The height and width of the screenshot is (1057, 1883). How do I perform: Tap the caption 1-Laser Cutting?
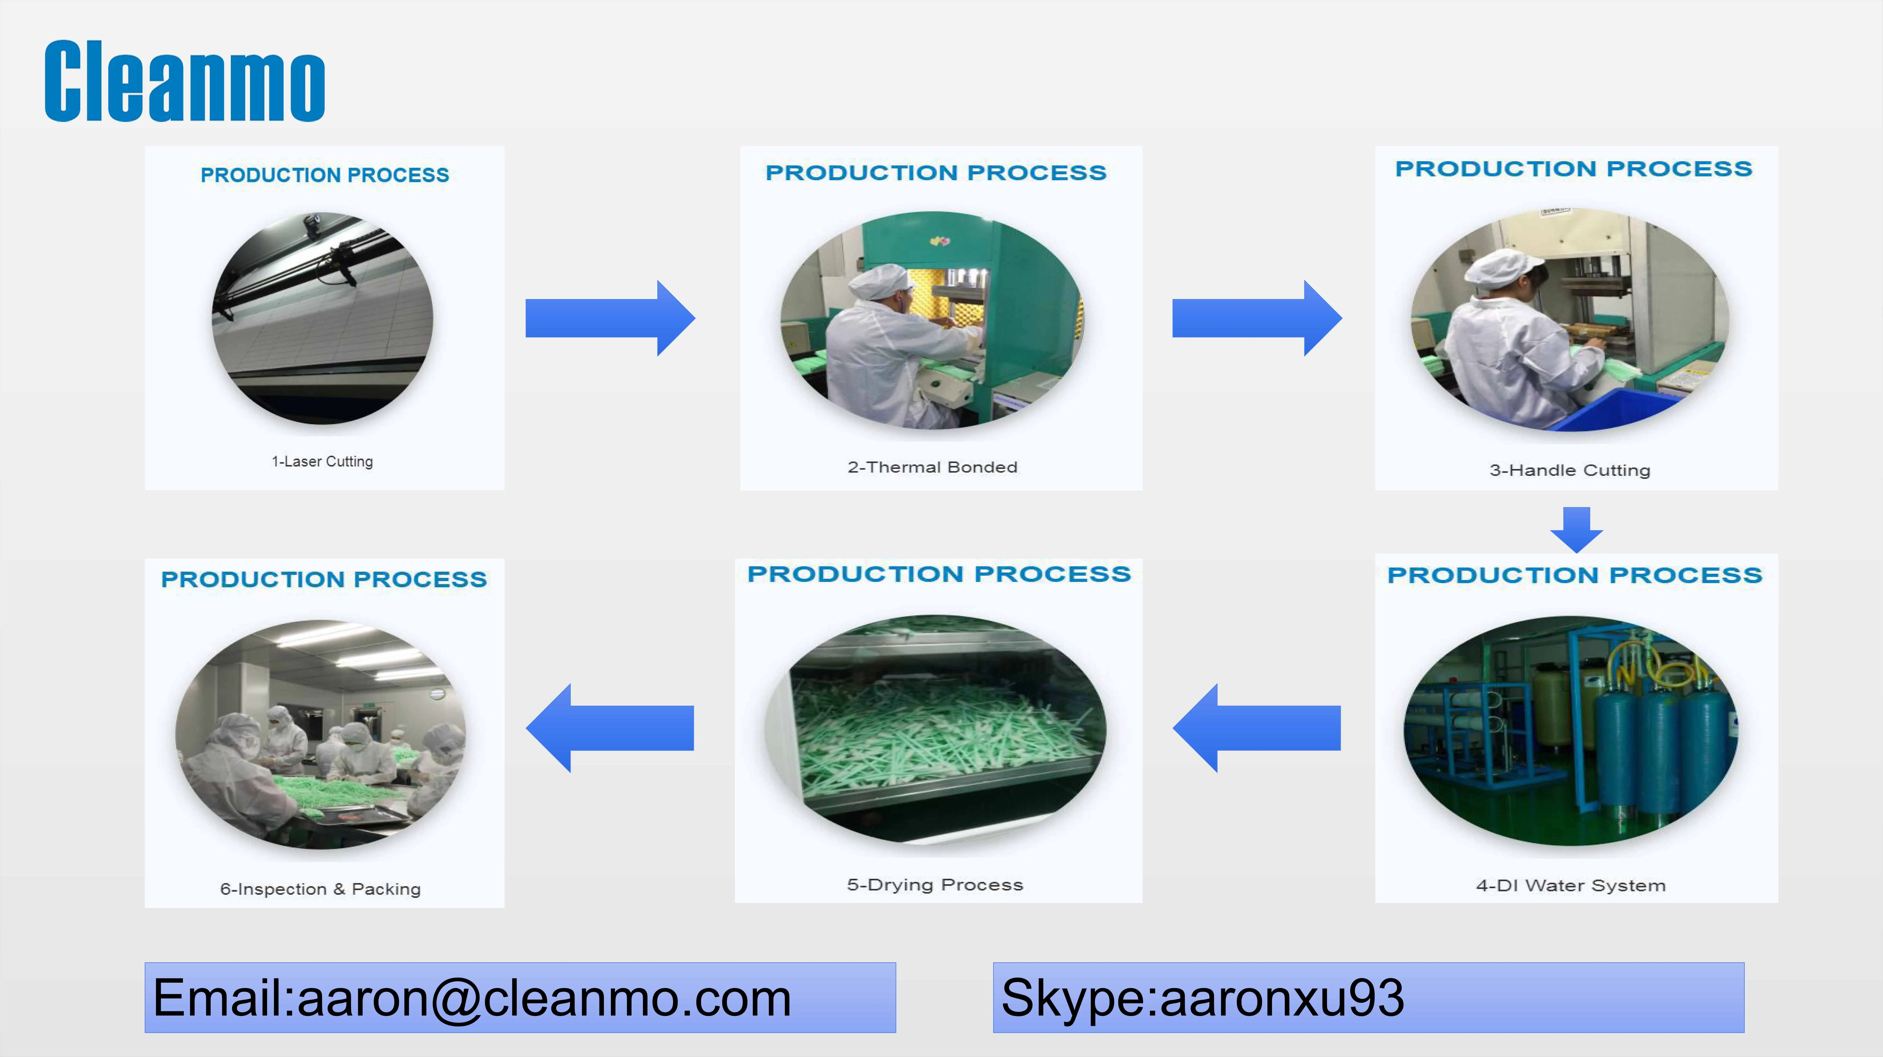tap(322, 461)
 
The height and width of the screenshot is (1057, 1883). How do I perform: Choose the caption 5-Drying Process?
tap(935, 884)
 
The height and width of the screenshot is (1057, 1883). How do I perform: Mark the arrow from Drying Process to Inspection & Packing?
tap(610, 728)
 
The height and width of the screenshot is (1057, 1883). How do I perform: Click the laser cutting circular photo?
tap(322, 319)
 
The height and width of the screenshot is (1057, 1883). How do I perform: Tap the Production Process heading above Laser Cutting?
tap(325, 175)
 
